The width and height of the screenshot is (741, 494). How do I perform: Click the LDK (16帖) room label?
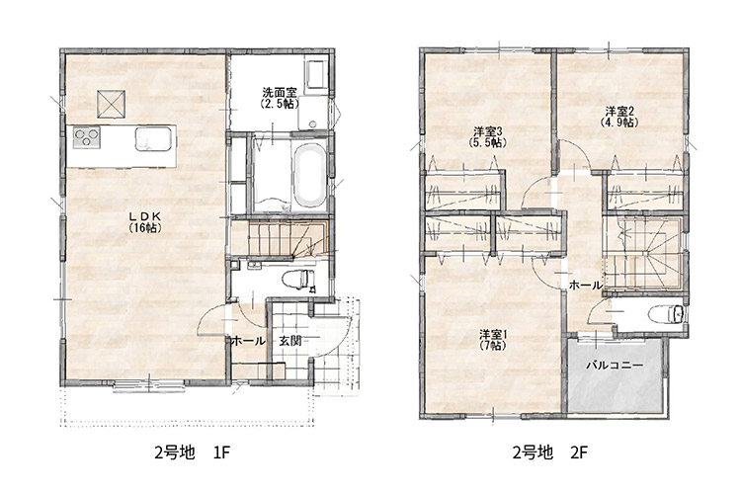pyautogui.click(x=145, y=221)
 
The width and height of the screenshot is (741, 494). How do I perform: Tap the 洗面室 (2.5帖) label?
pyautogui.click(x=281, y=98)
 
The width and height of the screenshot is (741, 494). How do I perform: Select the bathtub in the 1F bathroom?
pyautogui.click(x=309, y=175)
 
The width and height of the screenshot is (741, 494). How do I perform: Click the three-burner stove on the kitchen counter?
pyautogui.click(x=87, y=137)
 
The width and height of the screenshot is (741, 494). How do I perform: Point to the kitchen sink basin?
pyautogui.click(x=153, y=139)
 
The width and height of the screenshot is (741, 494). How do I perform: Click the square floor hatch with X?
pyautogui.click(x=111, y=104)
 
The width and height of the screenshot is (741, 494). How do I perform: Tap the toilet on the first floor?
pyautogui.click(x=297, y=279)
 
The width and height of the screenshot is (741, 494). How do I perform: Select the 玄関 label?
pyautogui.click(x=290, y=341)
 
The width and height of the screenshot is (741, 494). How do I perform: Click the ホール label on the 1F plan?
pyautogui.click(x=248, y=341)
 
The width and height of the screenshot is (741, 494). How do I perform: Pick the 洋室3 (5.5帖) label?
pyautogui.click(x=488, y=136)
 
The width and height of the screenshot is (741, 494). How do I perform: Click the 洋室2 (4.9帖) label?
pyautogui.click(x=619, y=117)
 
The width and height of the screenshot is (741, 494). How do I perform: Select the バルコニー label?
pyautogui.click(x=615, y=366)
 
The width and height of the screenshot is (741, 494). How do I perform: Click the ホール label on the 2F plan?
pyautogui.click(x=586, y=286)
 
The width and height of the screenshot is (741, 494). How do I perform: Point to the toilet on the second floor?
pyautogui.click(x=666, y=314)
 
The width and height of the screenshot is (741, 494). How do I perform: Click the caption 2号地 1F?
pyautogui.click(x=193, y=453)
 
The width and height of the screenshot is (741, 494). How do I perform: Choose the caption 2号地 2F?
pyautogui.click(x=550, y=453)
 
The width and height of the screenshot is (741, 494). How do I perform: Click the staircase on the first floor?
pyautogui.click(x=280, y=239)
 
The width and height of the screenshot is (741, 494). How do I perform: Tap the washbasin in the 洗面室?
pyautogui.click(x=315, y=74)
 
